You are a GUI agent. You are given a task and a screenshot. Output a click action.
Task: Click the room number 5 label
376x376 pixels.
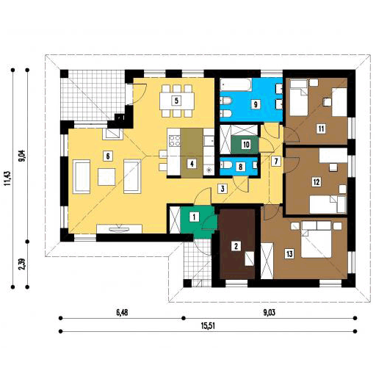pyautogui.click(x=176, y=101)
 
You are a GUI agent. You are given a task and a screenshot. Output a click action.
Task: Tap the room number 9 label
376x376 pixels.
pyautogui.click(x=256, y=104)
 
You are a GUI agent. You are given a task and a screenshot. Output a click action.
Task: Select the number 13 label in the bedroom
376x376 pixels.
pyautogui.click(x=289, y=254)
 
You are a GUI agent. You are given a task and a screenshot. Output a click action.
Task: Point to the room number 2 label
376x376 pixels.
pyautogui.click(x=236, y=246)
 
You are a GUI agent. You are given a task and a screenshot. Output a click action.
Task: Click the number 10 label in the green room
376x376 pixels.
pyautogui.click(x=246, y=145)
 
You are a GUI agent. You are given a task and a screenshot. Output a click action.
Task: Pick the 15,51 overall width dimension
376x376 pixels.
pyautogui.click(x=208, y=326)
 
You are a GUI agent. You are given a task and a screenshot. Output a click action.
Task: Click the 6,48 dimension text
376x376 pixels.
pyautogui.click(x=122, y=313)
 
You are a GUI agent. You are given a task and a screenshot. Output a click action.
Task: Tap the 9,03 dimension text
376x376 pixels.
pyautogui.click(x=269, y=313)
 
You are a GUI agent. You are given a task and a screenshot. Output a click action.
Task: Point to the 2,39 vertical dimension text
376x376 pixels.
pyautogui.click(x=22, y=264)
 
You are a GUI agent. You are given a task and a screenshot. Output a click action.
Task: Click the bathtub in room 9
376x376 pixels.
pyautogui.click(x=236, y=84)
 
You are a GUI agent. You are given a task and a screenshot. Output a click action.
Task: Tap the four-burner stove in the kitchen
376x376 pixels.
pyautogui.click(x=174, y=141)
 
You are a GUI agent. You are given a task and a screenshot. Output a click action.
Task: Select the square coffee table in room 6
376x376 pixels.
pyautogui.click(x=106, y=177)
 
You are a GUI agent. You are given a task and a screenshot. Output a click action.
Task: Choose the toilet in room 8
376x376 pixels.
pyautogui.click(x=226, y=165)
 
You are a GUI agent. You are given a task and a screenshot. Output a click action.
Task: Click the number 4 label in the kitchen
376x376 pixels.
pyautogui.click(x=192, y=164)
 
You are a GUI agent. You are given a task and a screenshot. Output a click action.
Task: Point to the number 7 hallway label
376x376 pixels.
pyautogui.click(x=276, y=161)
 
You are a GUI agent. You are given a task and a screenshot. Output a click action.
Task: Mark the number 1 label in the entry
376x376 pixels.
pyautogui.click(x=194, y=217)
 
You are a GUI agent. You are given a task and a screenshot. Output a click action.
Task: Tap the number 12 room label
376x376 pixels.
pyautogui.click(x=317, y=182)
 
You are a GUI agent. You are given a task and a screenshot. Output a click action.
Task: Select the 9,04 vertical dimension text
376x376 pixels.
pyautogui.click(x=22, y=156)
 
